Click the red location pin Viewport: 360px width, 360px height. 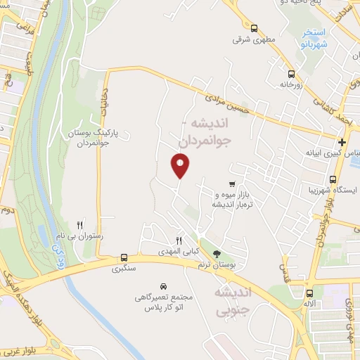pyautogui.click(x=181, y=165)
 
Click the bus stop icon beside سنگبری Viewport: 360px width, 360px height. pyautogui.click(x=124, y=257)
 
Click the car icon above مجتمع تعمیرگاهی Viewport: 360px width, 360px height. pyautogui.click(x=163, y=286)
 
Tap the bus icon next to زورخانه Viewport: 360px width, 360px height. pyautogui.click(x=290, y=74)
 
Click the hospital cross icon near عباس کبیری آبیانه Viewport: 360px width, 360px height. pyautogui.click(x=342, y=142)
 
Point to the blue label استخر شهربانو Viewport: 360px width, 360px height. pyautogui.click(x=309, y=38)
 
